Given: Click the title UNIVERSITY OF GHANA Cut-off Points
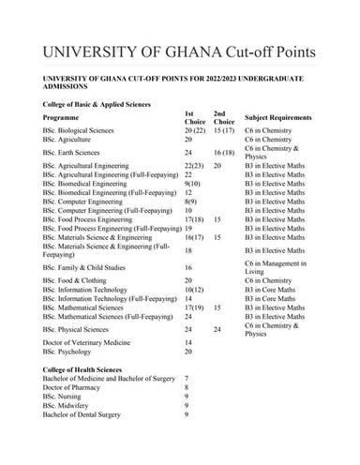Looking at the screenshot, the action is [179, 47].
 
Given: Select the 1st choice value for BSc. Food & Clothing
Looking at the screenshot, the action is [189, 280].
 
